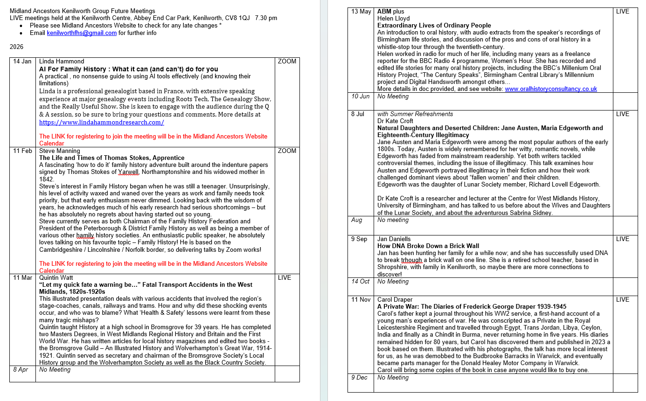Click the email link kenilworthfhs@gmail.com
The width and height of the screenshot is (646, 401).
[x=82, y=33]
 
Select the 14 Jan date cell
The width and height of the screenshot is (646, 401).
[x=22, y=62]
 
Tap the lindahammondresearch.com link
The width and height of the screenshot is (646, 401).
[x=101, y=122]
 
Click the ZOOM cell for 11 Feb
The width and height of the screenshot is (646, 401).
[x=287, y=151]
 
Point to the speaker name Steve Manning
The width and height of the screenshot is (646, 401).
[x=60, y=151]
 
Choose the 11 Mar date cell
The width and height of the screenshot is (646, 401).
[x=22, y=278]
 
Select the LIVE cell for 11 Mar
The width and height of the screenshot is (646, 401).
[x=285, y=278]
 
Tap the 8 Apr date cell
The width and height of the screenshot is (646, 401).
[x=21, y=370]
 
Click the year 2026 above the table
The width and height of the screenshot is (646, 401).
[x=16, y=47]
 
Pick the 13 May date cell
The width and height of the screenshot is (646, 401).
[x=361, y=12]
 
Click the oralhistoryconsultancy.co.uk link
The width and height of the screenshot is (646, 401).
[x=551, y=89]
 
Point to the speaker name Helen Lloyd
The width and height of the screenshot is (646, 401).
[x=394, y=19]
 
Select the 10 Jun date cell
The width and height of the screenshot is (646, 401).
[x=360, y=97]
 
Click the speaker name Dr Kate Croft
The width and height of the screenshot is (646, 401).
[x=396, y=121]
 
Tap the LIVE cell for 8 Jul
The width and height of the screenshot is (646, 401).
[x=623, y=114]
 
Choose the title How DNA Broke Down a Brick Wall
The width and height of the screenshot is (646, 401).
[x=428, y=246]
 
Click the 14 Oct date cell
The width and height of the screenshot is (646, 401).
[x=360, y=282]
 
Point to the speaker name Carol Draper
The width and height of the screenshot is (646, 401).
[x=395, y=300]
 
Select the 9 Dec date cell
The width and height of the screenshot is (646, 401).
[x=360, y=378]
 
